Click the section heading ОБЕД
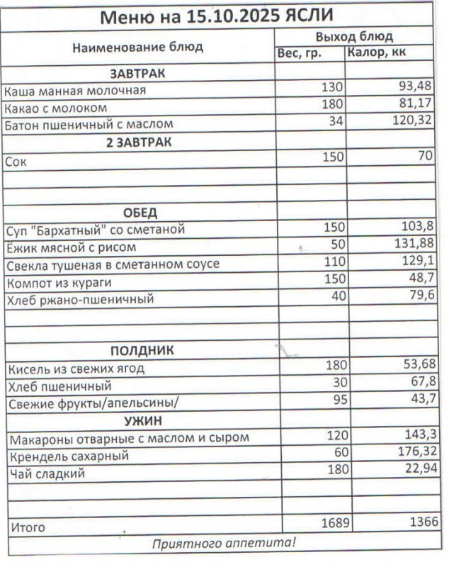point(140,213)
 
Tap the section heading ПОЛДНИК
point(142,350)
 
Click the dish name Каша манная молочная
point(75,91)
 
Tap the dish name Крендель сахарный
point(68,456)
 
